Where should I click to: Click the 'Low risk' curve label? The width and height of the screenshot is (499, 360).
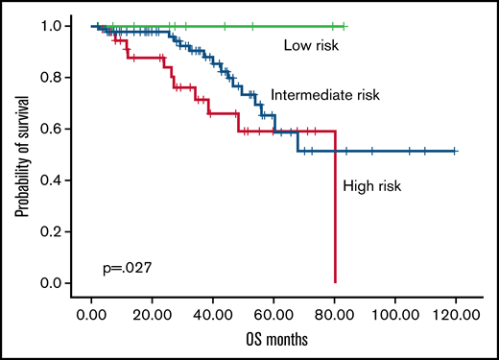(x=313, y=45)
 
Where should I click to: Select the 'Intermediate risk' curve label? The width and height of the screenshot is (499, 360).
(x=325, y=95)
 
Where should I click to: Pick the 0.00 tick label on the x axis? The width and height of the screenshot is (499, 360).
(x=91, y=314)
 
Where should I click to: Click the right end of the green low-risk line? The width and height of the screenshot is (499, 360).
(x=345, y=26)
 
